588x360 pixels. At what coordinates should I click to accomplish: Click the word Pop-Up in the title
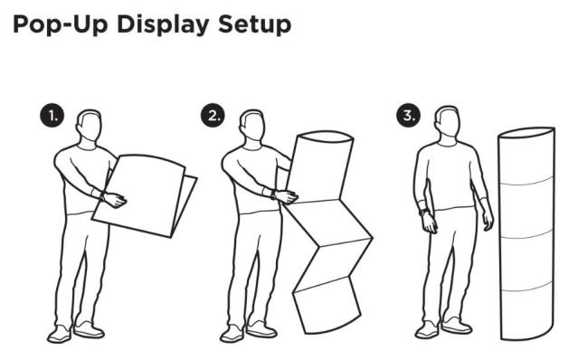coord(61,24)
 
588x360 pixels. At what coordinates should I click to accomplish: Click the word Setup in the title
coord(254,25)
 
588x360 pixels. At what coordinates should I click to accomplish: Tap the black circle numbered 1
coord(52,116)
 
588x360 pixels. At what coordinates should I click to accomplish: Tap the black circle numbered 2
coord(213,116)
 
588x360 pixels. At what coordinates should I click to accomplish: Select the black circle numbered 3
coord(408,116)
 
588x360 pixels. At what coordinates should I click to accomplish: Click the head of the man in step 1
coord(90,126)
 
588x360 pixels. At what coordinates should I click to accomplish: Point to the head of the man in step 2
coord(252,126)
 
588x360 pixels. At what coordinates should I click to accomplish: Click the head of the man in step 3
coord(448,123)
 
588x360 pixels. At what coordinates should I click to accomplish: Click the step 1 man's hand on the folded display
coord(114,200)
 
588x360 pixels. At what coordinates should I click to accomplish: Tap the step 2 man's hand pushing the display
coord(285,196)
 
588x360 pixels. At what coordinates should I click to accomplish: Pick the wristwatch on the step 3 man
coord(423,213)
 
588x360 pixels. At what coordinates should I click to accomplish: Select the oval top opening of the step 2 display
coord(325,137)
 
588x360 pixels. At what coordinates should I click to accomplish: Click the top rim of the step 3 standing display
coord(526,133)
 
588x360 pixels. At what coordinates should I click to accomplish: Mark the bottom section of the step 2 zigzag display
coord(327,305)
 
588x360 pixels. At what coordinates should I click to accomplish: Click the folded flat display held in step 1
coord(145,195)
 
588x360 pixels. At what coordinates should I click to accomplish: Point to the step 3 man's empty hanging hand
coord(487,219)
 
